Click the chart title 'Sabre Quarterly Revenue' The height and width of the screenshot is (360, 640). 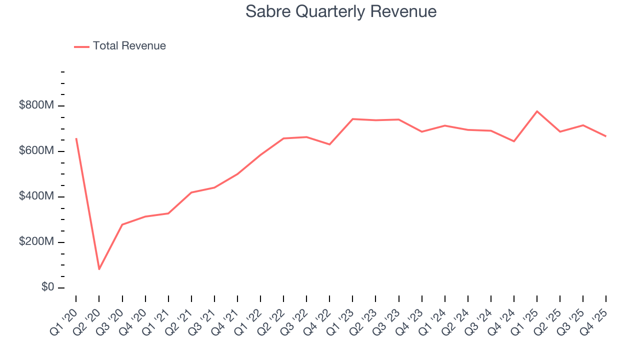pyautogui.click(x=341, y=11)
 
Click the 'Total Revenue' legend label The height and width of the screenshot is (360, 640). pyautogui.click(x=129, y=46)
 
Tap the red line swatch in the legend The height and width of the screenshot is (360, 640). pyautogui.click(x=81, y=46)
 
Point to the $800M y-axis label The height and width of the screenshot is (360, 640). pyautogui.click(x=36, y=105)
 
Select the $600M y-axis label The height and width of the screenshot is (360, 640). pyautogui.click(x=36, y=151)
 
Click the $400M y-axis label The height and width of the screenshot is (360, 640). pyautogui.click(x=36, y=196)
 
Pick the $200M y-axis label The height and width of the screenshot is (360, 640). pyautogui.click(x=36, y=242)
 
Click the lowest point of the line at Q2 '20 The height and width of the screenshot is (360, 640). pyautogui.click(x=99, y=269)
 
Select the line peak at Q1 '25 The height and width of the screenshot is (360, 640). pyautogui.click(x=537, y=111)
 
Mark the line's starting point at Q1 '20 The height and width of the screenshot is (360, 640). pyautogui.click(x=76, y=138)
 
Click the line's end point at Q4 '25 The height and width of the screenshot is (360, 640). pyautogui.click(x=606, y=136)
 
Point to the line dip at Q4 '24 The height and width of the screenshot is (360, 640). pyautogui.click(x=514, y=141)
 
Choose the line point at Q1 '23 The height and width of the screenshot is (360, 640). pyautogui.click(x=352, y=119)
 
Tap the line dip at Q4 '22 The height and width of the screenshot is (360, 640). pyautogui.click(x=329, y=144)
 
